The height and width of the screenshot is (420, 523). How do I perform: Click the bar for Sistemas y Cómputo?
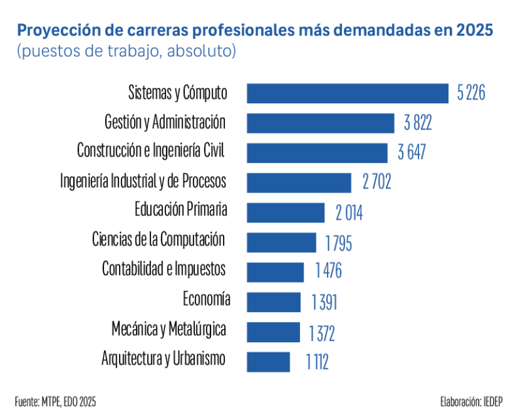pyautogui.click(x=347, y=93)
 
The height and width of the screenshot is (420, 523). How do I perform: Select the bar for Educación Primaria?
pyautogui.click(x=285, y=213)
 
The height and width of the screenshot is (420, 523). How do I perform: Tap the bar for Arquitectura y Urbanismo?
pyautogui.click(x=268, y=361)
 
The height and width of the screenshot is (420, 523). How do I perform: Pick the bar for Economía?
pyautogui.click(x=273, y=302)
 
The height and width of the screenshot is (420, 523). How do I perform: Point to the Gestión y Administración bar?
pyautogui.click(x=320, y=123)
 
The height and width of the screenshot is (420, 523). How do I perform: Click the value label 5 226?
pyautogui.click(x=471, y=94)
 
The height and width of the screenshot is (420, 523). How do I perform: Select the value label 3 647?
pyautogui.click(x=412, y=153)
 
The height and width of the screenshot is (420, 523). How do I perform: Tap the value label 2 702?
pyautogui.click(x=377, y=183)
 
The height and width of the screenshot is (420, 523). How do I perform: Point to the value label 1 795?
pyautogui.click(x=339, y=243)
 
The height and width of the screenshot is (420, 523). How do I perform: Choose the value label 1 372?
pyautogui.click(x=322, y=334)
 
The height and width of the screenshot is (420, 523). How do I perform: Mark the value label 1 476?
pyautogui.click(x=328, y=271)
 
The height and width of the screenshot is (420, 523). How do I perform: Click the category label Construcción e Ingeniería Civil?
pyautogui.click(x=150, y=150)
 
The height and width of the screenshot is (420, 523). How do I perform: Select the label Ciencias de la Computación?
pyautogui.click(x=159, y=239)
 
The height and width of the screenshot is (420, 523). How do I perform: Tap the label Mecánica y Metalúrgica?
pyautogui.click(x=169, y=329)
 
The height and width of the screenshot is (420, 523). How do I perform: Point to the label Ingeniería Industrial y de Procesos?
pyautogui.click(x=143, y=180)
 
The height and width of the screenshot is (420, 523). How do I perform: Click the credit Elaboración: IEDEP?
pyautogui.click(x=471, y=400)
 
